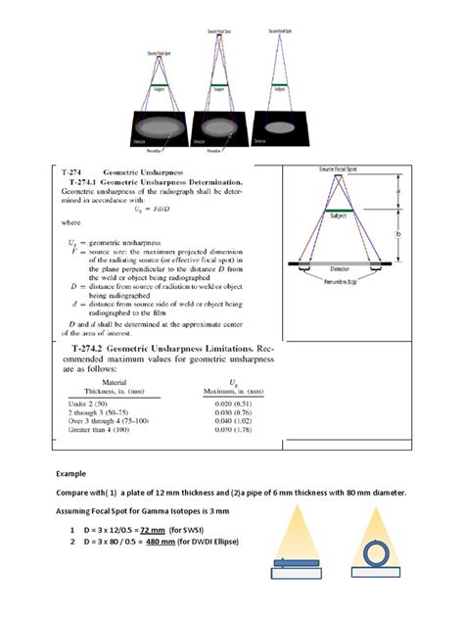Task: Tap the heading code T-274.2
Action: [x=90, y=349]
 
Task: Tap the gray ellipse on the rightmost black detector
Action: [x=280, y=127]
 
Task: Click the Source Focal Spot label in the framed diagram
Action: [x=340, y=169]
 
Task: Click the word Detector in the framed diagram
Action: [x=343, y=266]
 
